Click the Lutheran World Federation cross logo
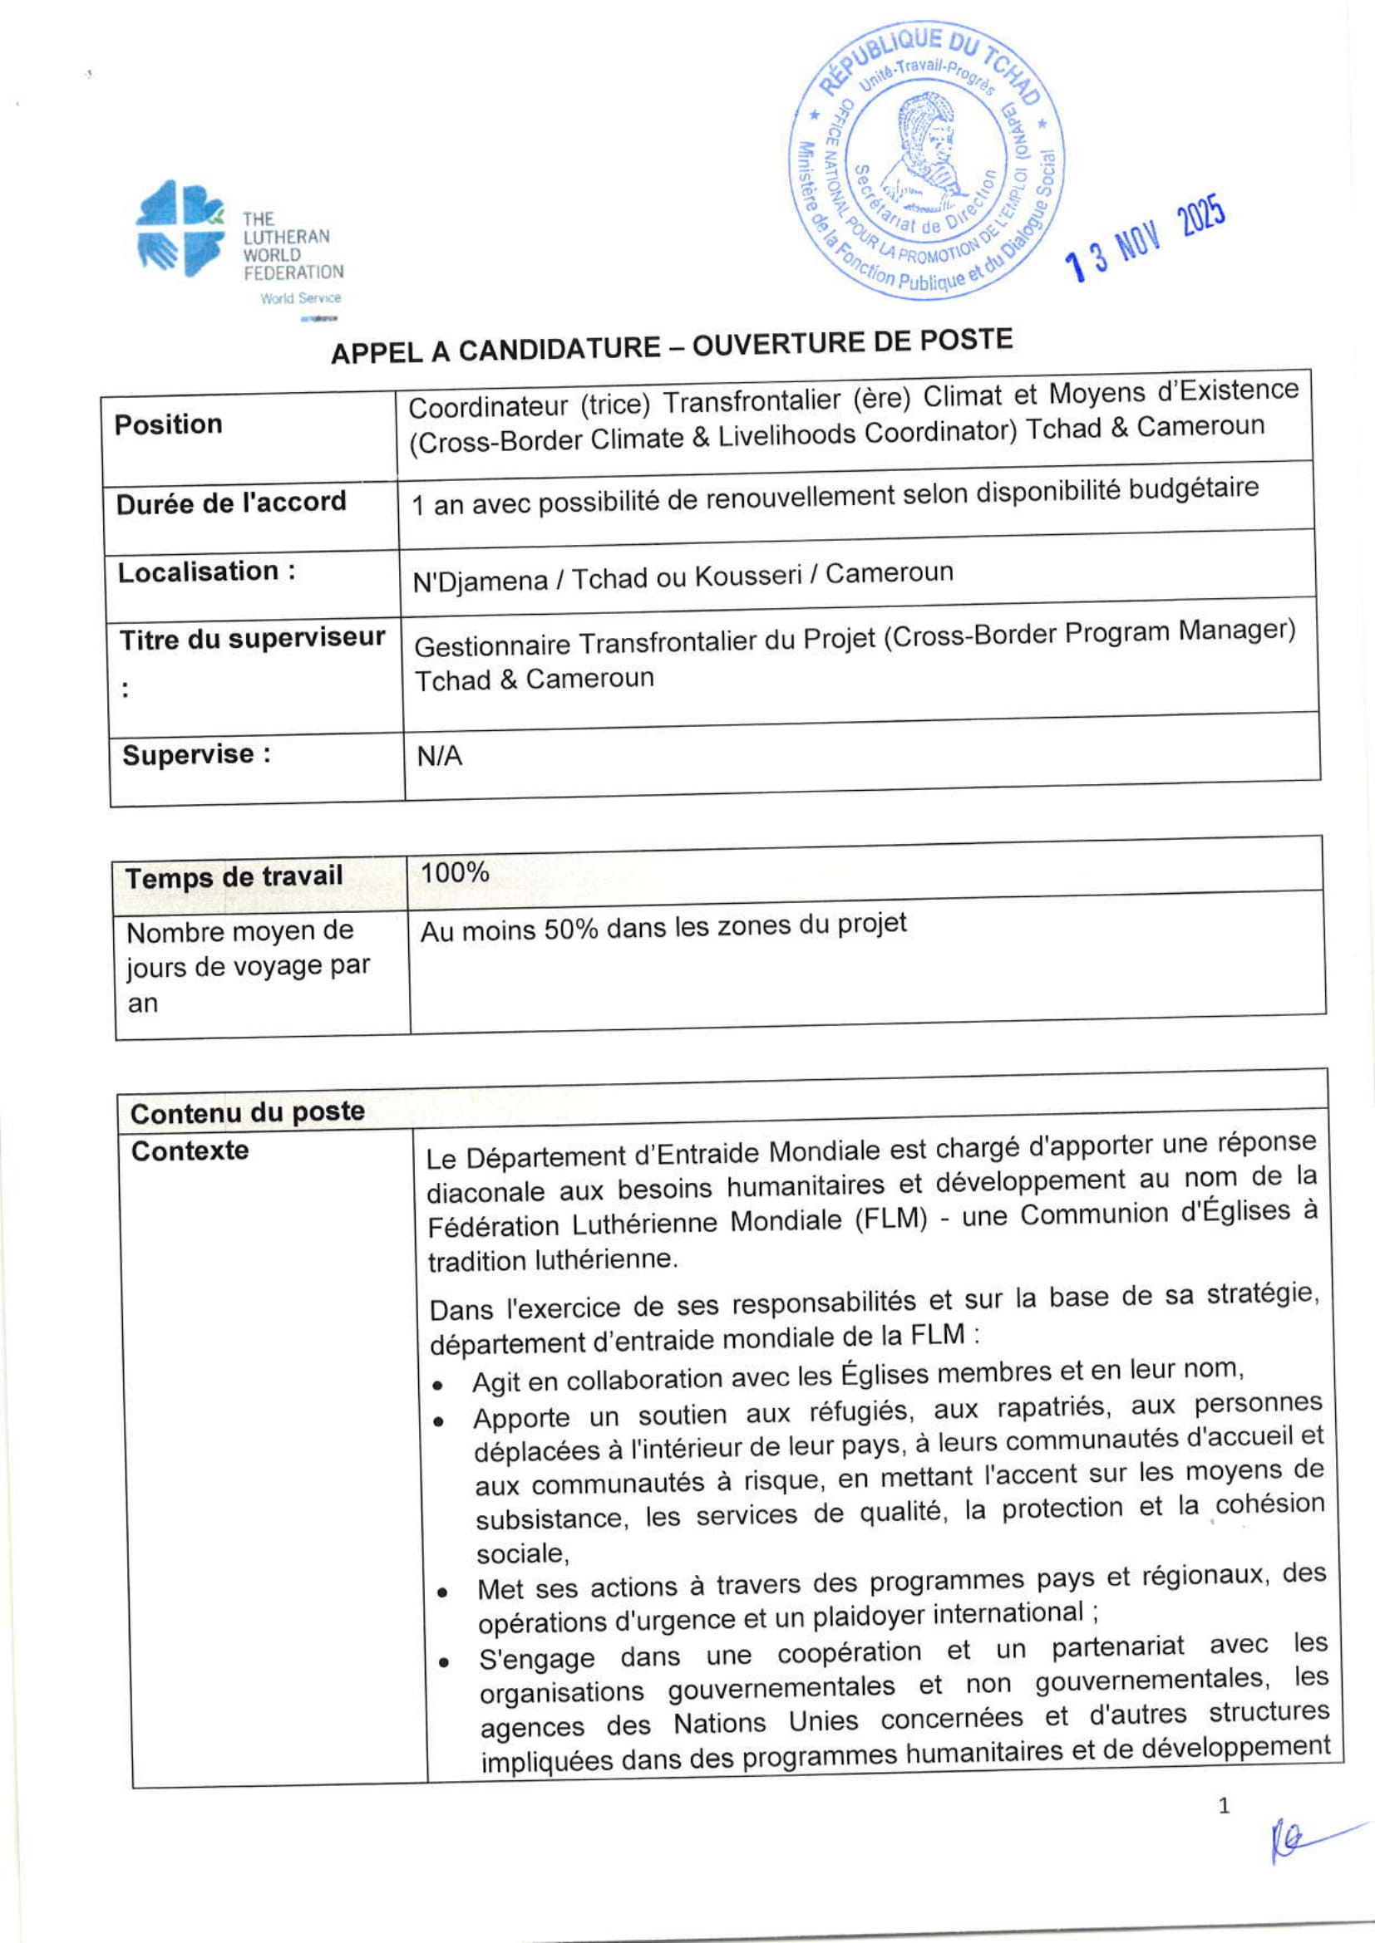[x=180, y=228]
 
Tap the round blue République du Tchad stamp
[x=927, y=162]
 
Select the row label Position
[x=169, y=424]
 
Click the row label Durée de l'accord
[x=231, y=503]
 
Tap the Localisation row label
[x=207, y=572]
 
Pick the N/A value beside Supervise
[x=440, y=756]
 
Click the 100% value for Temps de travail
[x=455, y=872]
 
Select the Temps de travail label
[x=234, y=876]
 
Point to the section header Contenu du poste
[x=247, y=1112]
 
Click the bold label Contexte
[x=190, y=1151]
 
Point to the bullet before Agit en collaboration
[x=437, y=1386]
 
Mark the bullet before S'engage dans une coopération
[x=443, y=1662]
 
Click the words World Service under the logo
[x=301, y=298]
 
